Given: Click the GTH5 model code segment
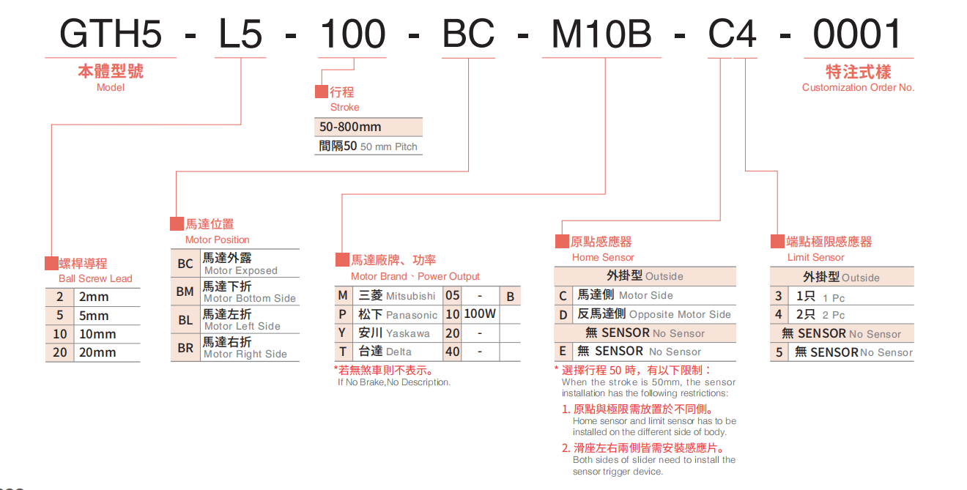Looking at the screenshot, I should (x=111, y=34).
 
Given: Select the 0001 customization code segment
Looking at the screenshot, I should (x=858, y=34).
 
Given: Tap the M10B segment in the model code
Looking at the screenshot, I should (x=601, y=34).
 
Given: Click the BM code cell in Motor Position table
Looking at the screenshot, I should (x=185, y=292).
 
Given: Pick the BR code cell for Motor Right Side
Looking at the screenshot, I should (x=185, y=348).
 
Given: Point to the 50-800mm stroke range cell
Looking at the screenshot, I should (x=351, y=127).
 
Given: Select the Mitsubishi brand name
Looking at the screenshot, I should (x=410, y=296).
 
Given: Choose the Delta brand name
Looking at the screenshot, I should (x=399, y=352).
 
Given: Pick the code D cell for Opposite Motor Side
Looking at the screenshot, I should (x=563, y=314).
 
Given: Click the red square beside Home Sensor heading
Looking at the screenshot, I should (x=562, y=242).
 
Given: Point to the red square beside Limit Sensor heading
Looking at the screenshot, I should (x=777, y=242).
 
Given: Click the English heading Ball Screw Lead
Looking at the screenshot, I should (x=95, y=278).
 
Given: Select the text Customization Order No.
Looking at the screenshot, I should (x=858, y=87).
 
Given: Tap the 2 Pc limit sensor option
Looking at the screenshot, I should (x=820, y=315).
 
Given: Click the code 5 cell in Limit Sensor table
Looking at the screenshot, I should (x=779, y=352).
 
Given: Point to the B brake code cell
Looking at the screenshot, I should (x=511, y=296).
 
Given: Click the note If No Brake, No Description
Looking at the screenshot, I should (x=394, y=382).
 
